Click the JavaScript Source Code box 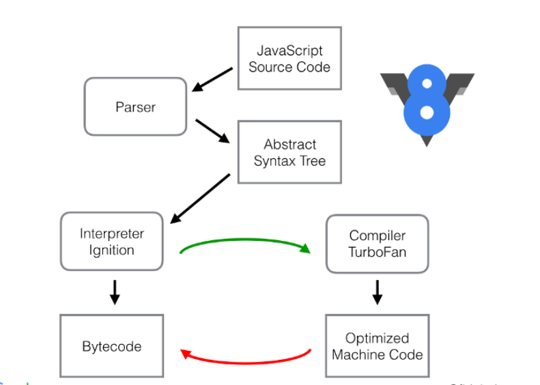[x=289, y=58]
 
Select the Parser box [x=135, y=106]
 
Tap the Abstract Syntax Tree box [x=289, y=152]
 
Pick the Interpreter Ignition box [x=112, y=241]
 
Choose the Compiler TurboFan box [x=377, y=244]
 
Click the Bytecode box [x=112, y=345]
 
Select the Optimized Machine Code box [x=377, y=345]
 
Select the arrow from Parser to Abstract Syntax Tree [x=212, y=130]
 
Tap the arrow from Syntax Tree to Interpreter [x=200, y=199]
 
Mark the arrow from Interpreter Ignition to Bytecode [x=115, y=291]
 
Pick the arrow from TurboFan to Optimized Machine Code [x=377, y=291]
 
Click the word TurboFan [x=378, y=253]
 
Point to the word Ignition [x=112, y=250]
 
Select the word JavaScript [x=289, y=51]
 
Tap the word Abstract [x=290, y=145]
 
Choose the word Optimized [x=377, y=338]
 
